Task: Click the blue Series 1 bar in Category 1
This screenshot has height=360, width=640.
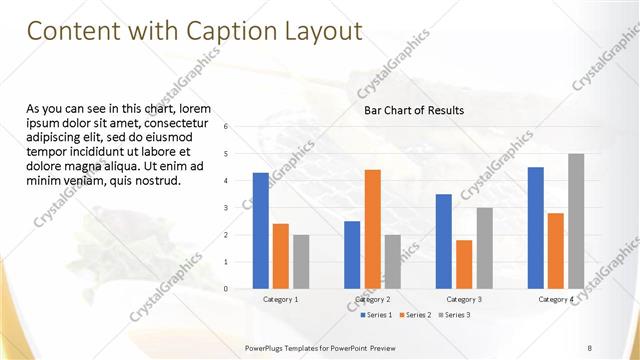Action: (x=261, y=231)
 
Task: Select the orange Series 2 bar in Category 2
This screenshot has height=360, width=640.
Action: (x=372, y=229)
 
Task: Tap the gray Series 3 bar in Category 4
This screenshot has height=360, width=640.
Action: (x=576, y=221)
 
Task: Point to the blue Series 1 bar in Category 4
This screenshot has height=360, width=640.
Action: (x=536, y=228)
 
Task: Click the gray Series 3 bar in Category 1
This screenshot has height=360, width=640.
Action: (x=301, y=262)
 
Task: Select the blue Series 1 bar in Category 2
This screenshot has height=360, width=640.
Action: (x=352, y=255)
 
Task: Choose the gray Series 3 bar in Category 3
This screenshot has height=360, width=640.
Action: (x=484, y=248)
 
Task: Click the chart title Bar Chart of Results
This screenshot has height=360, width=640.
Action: (x=413, y=110)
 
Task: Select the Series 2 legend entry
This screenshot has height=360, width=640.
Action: (x=417, y=315)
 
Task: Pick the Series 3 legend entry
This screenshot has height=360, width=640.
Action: (x=456, y=315)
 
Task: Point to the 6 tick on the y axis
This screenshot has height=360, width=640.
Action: (x=227, y=127)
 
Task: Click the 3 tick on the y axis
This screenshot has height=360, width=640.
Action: (x=227, y=208)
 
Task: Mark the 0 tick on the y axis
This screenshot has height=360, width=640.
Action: (x=227, y=289)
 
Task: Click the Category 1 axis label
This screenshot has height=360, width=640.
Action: (x=280, y=299)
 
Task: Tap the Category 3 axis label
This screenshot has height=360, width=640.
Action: (x=464, y=299)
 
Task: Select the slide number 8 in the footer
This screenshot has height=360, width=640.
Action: (x=590, y=347)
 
